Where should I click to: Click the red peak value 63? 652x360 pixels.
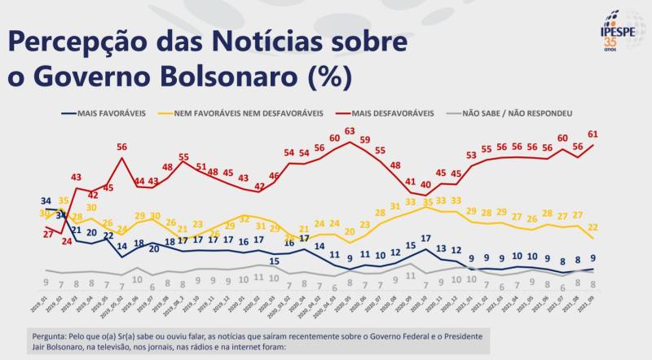(350, 131)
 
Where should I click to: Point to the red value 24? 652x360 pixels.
(66, 241)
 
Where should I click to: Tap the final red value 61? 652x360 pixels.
(593, 133)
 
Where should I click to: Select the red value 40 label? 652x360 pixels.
(425, 185)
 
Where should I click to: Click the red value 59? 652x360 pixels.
(365, 139)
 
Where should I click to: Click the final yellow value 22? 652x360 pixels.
(593, 226)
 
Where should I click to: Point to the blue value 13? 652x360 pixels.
(441, 248)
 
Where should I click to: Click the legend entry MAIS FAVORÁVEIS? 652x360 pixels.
(110, 114)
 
